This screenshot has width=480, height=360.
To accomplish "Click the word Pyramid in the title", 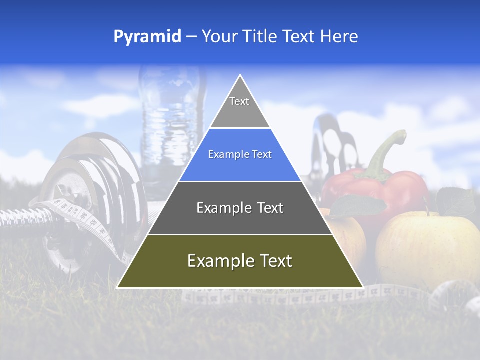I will tap(147, 37).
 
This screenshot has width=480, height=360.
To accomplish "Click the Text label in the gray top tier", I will tap(239, 101).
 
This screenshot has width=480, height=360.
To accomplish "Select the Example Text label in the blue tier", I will tap(240, 155).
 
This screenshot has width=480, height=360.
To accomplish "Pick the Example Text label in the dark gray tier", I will tap(240, 208).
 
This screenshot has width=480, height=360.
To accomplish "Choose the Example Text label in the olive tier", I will tap(240, 261).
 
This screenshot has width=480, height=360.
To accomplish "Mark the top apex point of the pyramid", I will tap(240, 75).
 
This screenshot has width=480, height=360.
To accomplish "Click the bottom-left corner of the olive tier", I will tap(118, 287).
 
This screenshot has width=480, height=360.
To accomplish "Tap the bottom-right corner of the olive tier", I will tap(362, 287).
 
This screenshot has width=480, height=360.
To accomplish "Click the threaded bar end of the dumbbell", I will tap(20, 217).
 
